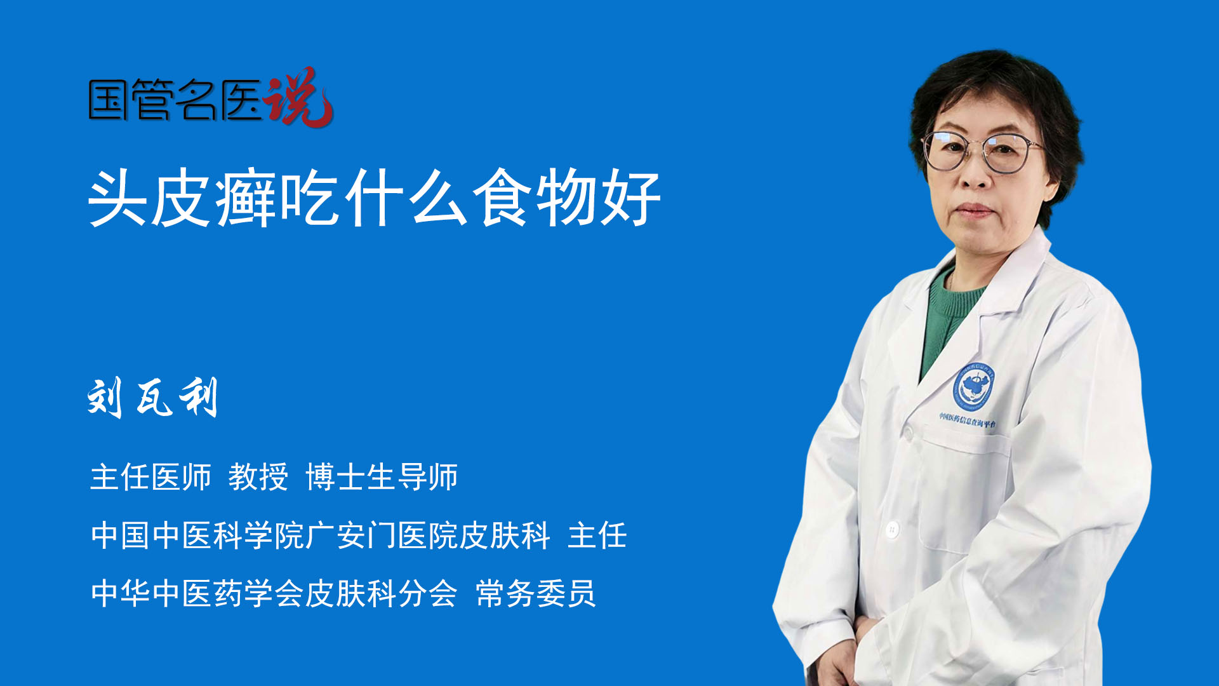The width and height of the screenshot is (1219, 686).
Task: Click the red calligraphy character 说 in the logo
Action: tap(298, 97)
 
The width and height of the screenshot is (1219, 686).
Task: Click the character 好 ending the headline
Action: tap(630, 198)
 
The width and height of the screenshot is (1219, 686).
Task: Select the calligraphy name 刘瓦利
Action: tap(152, 398)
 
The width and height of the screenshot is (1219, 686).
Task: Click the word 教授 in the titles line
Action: tap(258, 477)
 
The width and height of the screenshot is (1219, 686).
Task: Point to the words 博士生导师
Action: tap(382, 477)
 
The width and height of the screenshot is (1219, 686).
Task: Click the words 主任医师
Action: tap(150, 477)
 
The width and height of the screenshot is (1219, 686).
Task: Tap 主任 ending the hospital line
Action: tap(597, 535)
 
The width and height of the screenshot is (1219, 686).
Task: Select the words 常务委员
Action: tap(536, 594)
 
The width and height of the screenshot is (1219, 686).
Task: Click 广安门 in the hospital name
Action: tap(350, 535)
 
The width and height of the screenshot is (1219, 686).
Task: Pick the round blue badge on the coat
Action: tap(973, 386)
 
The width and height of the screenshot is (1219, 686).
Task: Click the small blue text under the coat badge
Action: tap(968, 420)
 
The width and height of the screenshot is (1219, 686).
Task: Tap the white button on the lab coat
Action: tap(892, 528)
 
